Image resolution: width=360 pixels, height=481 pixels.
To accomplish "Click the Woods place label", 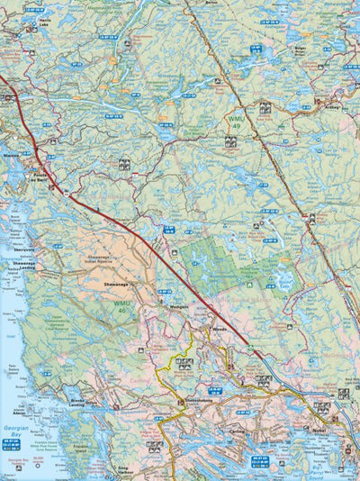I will coord(220,331).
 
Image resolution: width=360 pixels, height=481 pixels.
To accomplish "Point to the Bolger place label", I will coord(301,47).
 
